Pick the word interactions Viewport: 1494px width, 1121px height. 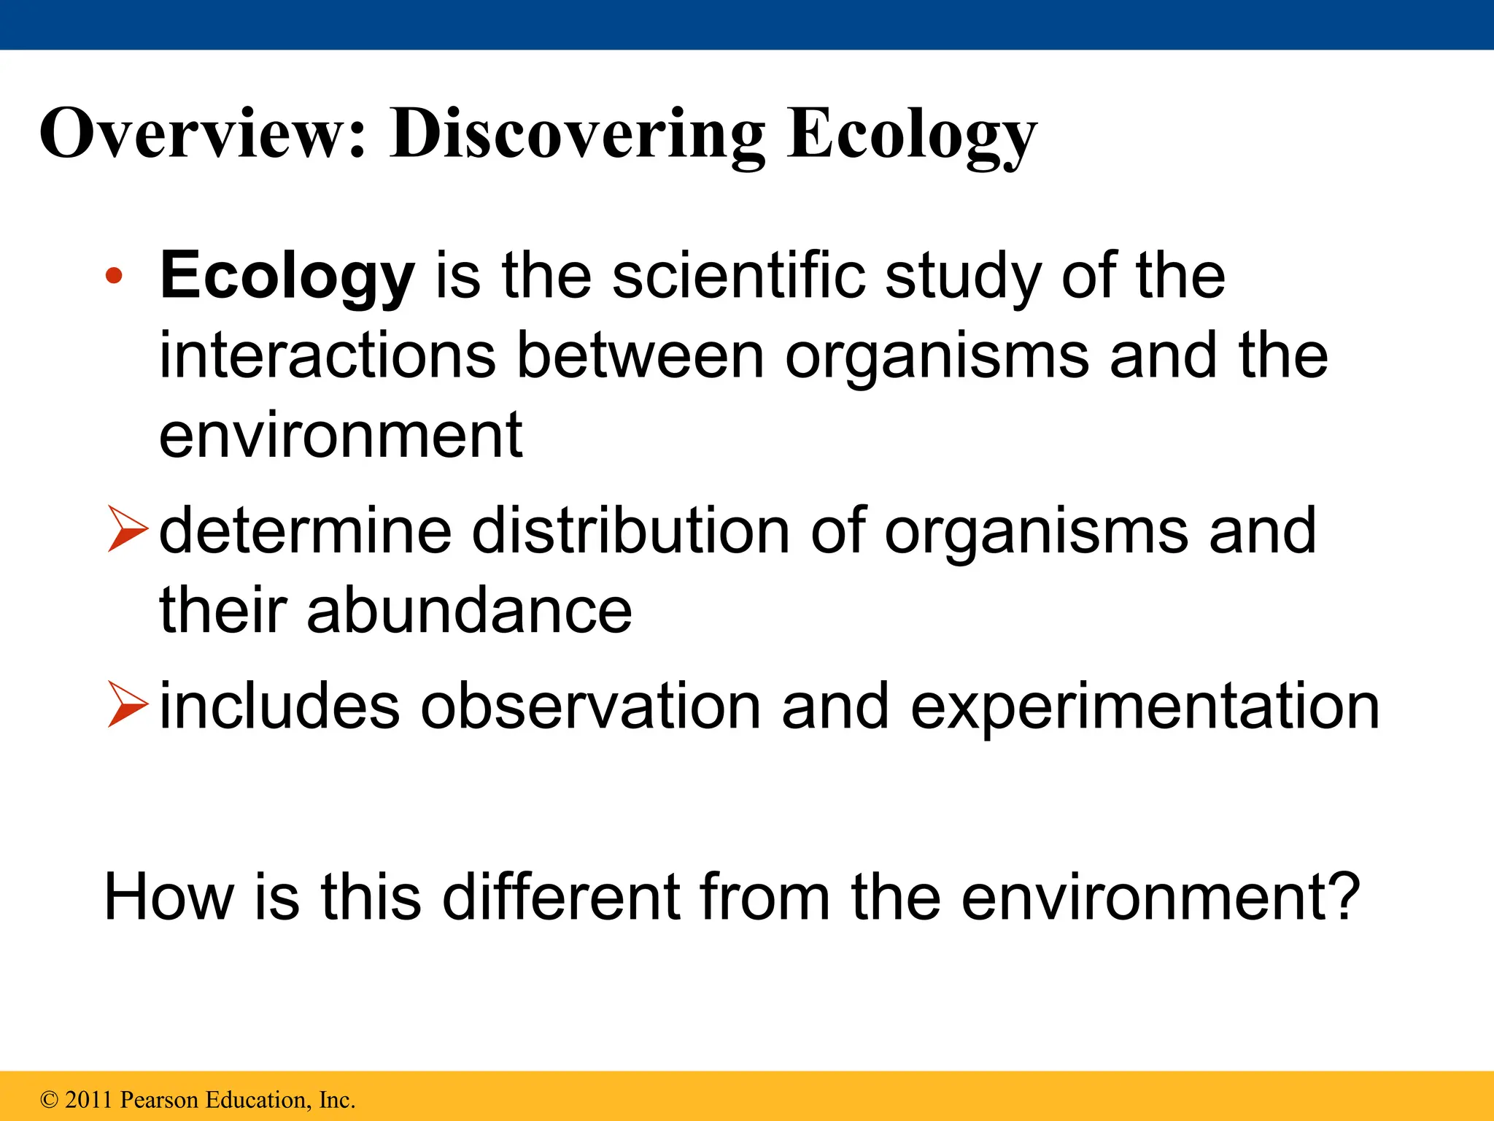pos(327,355)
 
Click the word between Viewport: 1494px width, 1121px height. pos(640,355)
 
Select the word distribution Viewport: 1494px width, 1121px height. pos(631,531)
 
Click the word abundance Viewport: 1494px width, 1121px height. pos(468,610)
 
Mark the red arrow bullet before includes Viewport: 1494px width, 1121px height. pos(127,704)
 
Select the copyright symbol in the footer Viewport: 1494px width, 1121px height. pos(49,1099)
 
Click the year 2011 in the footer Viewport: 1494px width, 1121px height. pos(89,1099)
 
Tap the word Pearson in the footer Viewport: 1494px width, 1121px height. pos(158,1099)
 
